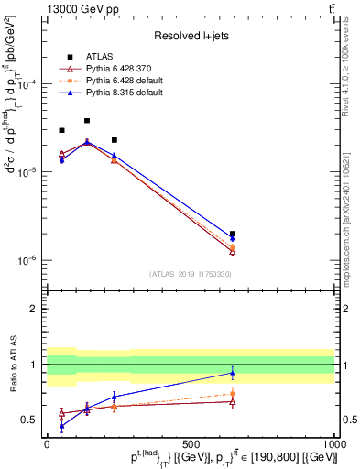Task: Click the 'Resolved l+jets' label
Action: tap(190, 37)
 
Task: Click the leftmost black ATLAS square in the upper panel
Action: tap(61, 130)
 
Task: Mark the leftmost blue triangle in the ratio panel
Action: tap(61, 426)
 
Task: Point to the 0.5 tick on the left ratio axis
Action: tap(32, 420)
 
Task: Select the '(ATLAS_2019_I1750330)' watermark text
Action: tap(190, 274)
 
